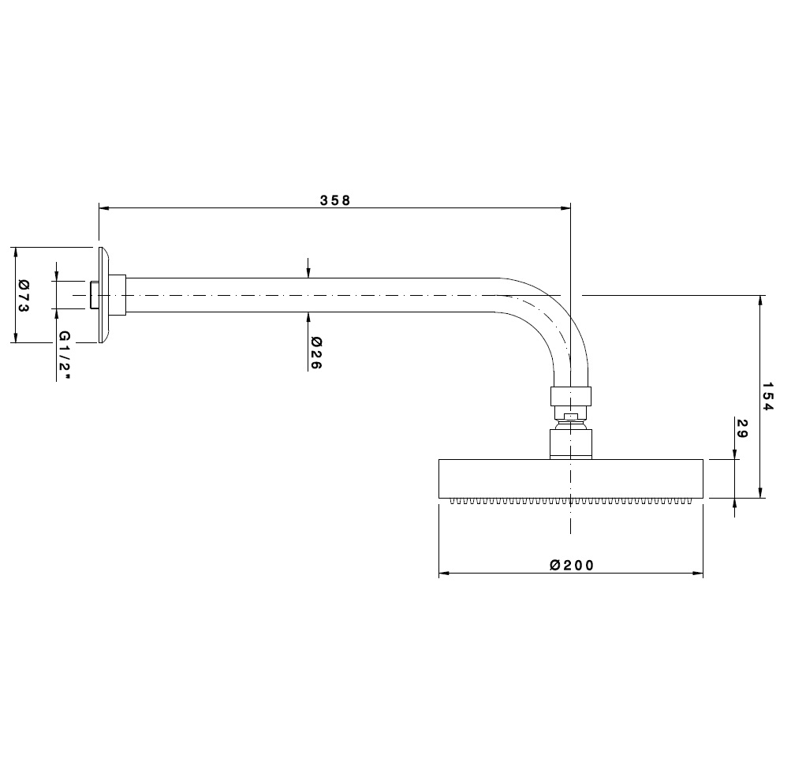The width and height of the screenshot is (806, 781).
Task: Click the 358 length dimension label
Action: click(x=334, y=200)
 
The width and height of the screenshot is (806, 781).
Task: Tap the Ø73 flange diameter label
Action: click(x=24, y=295)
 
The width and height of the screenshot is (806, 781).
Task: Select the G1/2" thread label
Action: click(x=64, y=355)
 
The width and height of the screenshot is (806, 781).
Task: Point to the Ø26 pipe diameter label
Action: click(x=315, y=353)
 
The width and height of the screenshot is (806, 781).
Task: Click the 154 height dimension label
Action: click(x=767, y=396)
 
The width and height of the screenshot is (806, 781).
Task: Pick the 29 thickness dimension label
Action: click(x=742, y=428)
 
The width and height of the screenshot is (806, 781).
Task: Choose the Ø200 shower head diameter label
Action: click(x=572, y=565)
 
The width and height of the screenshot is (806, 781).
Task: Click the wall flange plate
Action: click(x=103, y=295)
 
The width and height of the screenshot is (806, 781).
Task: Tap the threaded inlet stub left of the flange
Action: click(x=95, y=295)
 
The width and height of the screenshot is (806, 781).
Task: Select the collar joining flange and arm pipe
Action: click(x=118, y=295)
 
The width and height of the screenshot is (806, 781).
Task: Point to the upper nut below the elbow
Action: click(x=570, y=396)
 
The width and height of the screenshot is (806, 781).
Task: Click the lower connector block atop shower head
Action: click(x=570, y=444)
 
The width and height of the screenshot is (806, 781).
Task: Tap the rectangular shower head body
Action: click(x=570, y=479)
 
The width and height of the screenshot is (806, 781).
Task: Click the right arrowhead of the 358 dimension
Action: click(x=565, y=208)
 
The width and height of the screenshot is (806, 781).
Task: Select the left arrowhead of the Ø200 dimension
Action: click(x=444, y=573)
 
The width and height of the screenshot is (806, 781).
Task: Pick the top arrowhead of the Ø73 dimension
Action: click(x=16, y=252)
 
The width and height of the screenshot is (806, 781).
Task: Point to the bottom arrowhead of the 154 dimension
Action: click(x=759, y=492)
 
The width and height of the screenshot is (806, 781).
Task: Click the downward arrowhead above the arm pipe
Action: click(x=308, y=272)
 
